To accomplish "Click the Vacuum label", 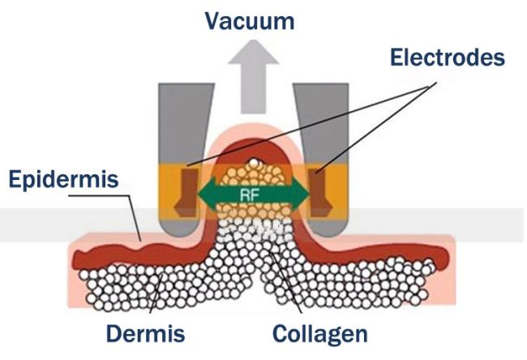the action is click(x=250, y=21).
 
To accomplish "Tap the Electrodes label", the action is click(x=448, y=57).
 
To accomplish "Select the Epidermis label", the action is click(x=63, y=180).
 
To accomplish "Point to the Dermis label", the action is click(x=145, y=333).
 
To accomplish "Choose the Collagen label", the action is click(x=320, y=334).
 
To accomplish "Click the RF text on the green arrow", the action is click(x=249, y=195).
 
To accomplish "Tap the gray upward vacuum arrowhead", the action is click(x=254, y=52).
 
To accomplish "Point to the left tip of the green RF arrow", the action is click(x=198, y=195).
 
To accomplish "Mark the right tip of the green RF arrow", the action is click(x=309, y=195).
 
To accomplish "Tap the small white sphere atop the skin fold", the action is click(x=254, y=163).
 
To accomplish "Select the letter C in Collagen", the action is click(x=281, y=334).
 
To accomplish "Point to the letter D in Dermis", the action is click(x=114, y=334).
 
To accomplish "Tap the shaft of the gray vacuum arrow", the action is click(x=254, y=88).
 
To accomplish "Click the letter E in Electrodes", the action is click(x=396, y=57).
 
